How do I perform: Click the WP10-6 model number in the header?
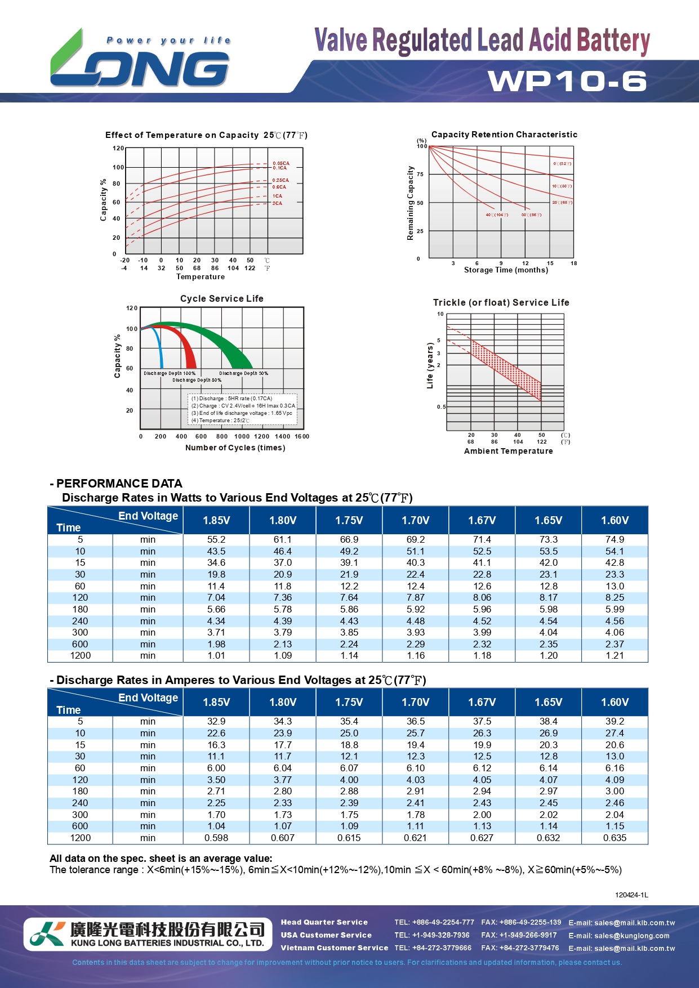(567, 81)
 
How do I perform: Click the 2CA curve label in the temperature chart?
(277, 203)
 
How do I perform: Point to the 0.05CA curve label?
(281, 163)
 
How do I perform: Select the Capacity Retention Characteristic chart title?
(504, 135)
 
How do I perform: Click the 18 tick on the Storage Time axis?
(573, 263)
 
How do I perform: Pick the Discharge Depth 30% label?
(243, 373)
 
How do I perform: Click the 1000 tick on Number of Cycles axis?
(242, 436)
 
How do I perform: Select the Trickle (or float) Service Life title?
(501, 303)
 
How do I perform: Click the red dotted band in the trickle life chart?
(506, 369)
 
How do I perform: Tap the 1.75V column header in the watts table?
(349, 521)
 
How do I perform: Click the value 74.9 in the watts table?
(615, 539)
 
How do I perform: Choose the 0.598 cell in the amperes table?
(216, 838)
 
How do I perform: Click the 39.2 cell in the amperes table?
(615, 721)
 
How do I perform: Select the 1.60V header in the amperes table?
(615, 703)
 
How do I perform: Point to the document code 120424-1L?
(631, 895)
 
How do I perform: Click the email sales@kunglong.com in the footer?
(619, 936)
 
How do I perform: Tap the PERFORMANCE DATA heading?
(119, 484)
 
